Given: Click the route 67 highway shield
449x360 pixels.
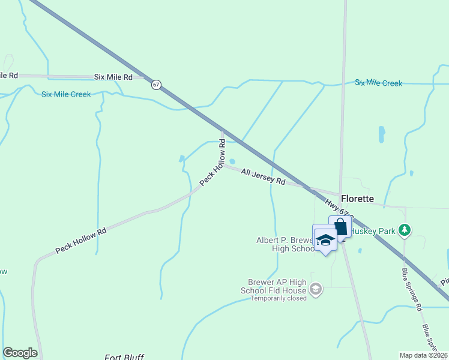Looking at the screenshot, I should point(156,85).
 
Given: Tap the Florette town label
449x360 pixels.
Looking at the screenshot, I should point(357,199).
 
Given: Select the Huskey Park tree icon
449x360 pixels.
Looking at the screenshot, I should point(405,229).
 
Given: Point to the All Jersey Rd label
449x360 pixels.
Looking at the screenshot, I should point(262,176).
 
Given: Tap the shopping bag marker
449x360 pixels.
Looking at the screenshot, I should point(340,227).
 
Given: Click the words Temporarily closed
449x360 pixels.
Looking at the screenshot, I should point(278,298).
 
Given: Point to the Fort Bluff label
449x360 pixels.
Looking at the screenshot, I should point(124,356).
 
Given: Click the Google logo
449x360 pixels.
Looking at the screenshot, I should point(20,353).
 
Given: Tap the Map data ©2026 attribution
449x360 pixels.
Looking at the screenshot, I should point(423,355).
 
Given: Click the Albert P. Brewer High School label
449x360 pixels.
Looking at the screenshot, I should point(282,244).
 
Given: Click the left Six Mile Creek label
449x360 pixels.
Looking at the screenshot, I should point(66,94).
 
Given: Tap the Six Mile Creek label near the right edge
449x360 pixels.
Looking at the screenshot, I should point(378,83).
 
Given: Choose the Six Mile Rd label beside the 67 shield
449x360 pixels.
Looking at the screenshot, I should point(113,77).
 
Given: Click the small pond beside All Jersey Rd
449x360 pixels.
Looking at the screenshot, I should point(232,161).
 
